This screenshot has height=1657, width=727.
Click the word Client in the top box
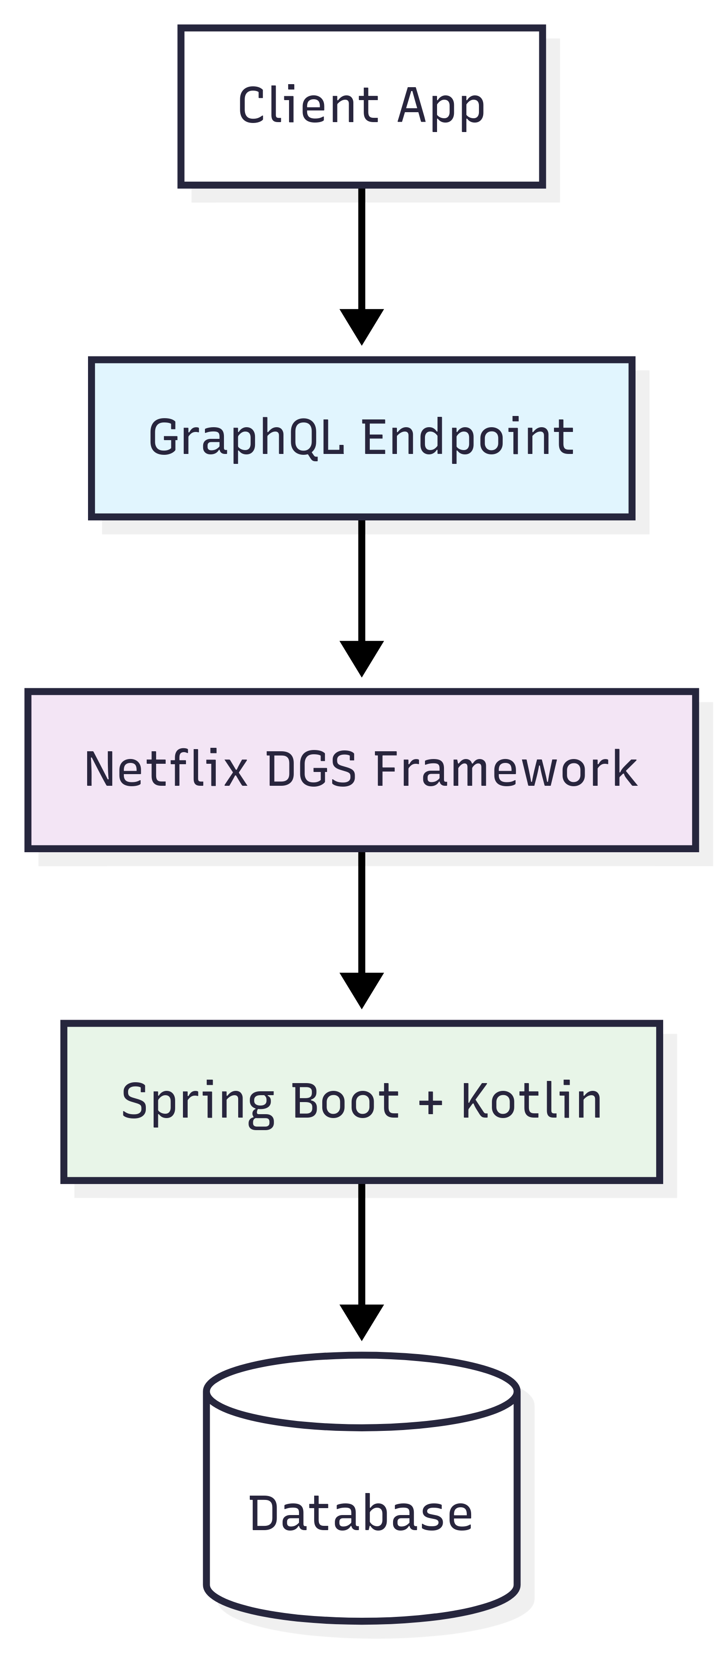308,105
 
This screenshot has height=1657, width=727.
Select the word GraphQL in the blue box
246,438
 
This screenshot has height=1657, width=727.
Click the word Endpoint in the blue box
468,438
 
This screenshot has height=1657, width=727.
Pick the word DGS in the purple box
311,769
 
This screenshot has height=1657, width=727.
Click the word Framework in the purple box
505,769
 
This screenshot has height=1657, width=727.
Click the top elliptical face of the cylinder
362,1391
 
